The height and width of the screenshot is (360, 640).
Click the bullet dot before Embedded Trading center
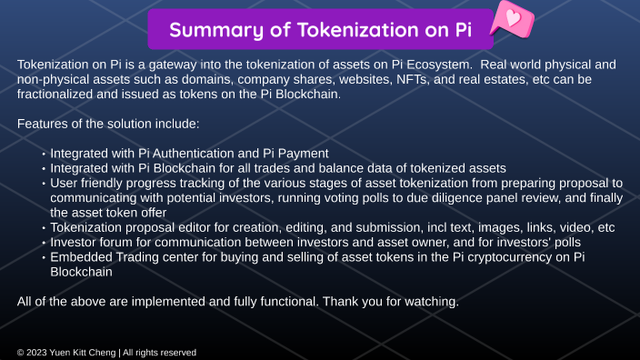coord(43,257)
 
